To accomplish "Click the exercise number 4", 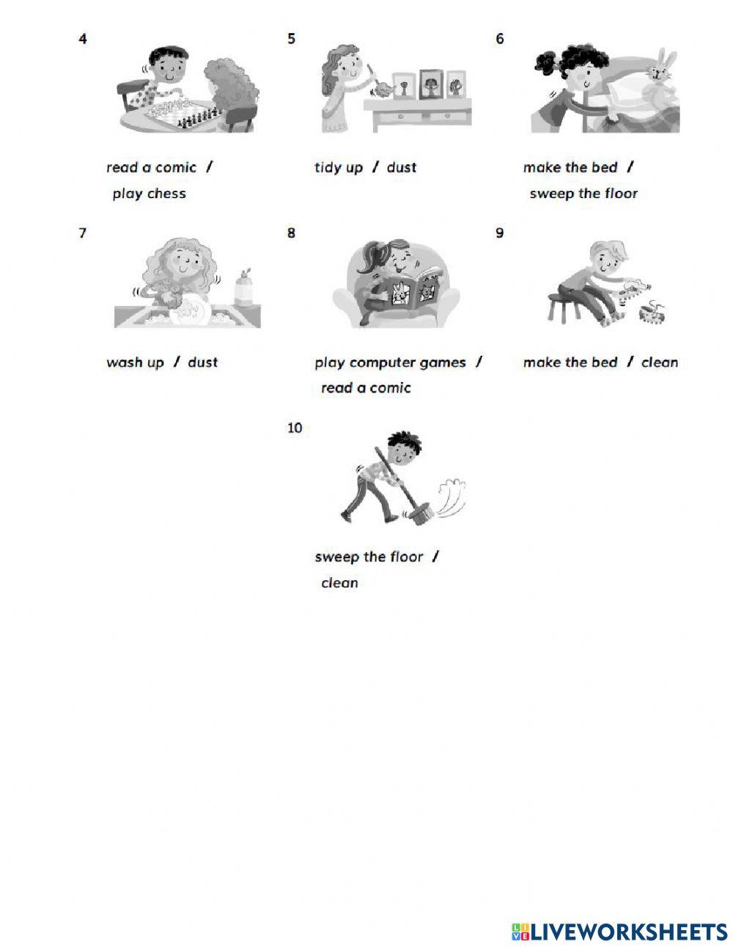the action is (x=83, y=39).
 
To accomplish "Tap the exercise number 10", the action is (x=295, y=428).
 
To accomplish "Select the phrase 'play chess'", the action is (x=149, y=194).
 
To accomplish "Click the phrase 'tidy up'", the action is (x=339, y=168).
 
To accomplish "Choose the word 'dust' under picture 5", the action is (x=402, y=167).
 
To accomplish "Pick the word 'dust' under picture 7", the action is (x=203, y=362).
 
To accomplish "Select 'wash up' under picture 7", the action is (x=135, y=362).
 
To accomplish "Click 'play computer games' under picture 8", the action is (x=390, y=362).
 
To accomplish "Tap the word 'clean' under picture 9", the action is (x=660, y=362).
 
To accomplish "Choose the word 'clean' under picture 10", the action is (x=339, y=582).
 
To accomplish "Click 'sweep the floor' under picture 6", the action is (x=583, y=194).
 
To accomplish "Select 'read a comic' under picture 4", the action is (x=152, y=167).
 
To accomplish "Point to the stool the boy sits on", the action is (x=564, y=307).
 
